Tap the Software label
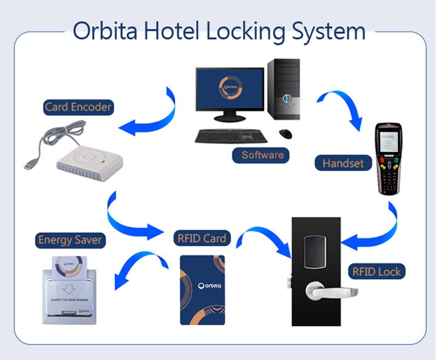tap(263, 155)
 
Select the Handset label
tap(343, 163)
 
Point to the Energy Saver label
tap(70, 240)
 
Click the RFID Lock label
tap(377, 272)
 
